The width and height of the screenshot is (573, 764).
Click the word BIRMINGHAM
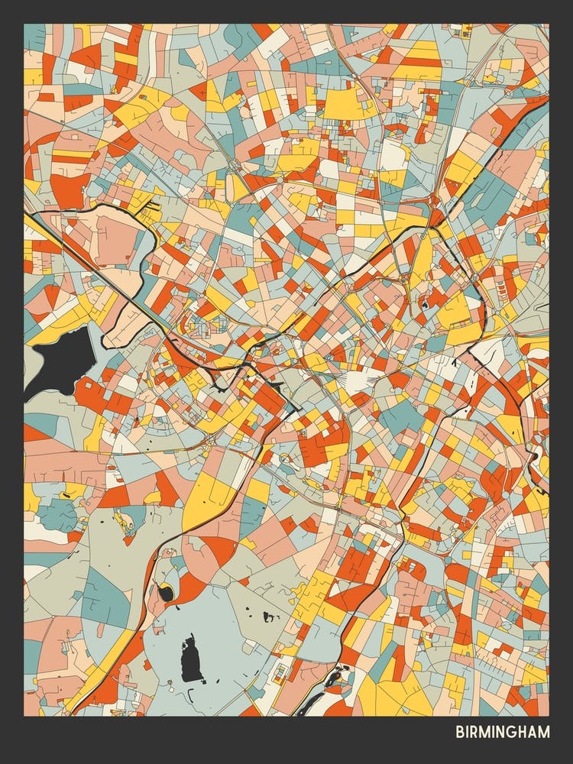click(x=503, y=732)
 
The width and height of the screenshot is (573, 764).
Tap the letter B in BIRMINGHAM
click(x=460, y=732)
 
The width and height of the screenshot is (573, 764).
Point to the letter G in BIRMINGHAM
click(x=513, y=732)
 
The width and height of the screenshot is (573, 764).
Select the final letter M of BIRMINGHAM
click(x=543, y=732)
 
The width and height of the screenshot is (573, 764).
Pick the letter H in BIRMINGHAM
click(x=523, y=732)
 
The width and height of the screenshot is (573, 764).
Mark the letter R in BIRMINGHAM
click(x=474, y=732)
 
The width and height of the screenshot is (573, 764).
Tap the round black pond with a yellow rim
click(x=165, y=591)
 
